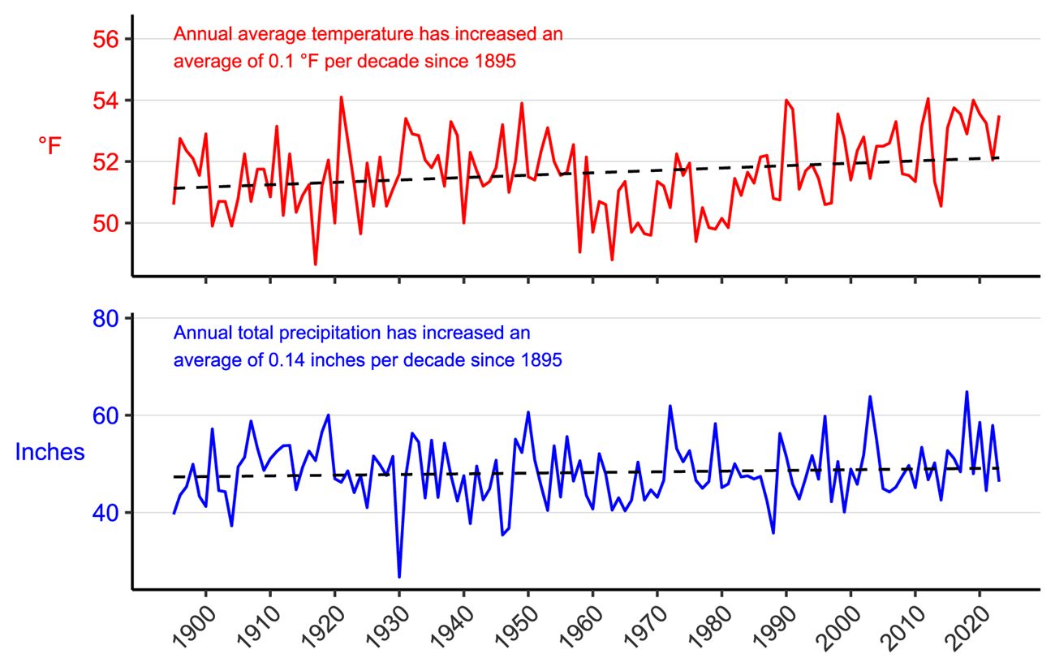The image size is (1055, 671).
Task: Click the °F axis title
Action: click(x=50, y=146)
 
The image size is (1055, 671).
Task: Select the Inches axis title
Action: click(x=50, y=452)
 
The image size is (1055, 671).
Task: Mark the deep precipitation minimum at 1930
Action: click(x=399, y=576)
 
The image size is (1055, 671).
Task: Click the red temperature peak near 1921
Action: click(x=341, y=97)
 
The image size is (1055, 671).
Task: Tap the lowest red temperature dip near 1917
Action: click(x=316, y=264)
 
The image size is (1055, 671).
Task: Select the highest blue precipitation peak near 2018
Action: click(x=967, y=392)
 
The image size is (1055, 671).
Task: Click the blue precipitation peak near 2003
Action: click(x=870, y=397)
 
